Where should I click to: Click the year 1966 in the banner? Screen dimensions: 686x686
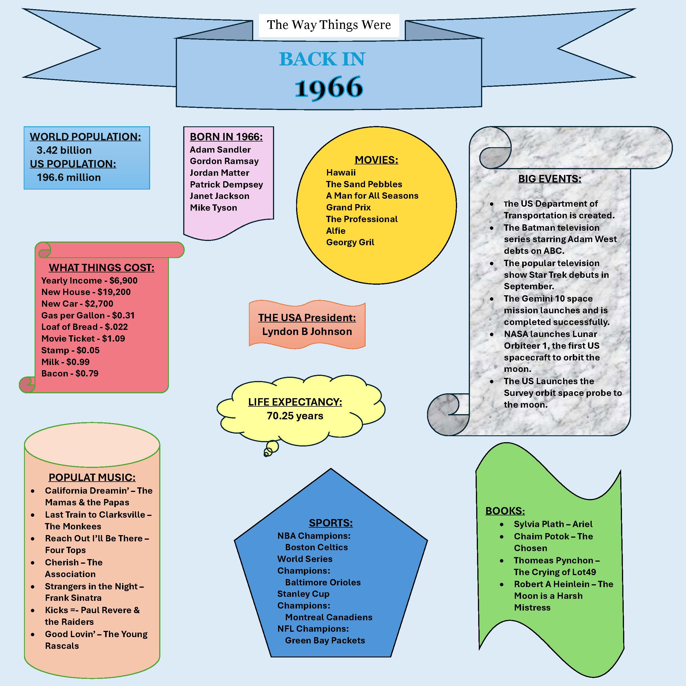point(329,87)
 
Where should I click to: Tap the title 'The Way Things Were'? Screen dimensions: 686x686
point(329,25)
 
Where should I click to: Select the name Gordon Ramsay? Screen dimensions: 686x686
point(224,161)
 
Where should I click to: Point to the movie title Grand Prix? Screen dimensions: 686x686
point(348,207)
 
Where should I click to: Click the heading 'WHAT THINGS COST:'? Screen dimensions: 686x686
point(101,268)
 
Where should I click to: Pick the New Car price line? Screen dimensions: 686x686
point(77,304)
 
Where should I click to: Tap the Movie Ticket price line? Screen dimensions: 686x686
point(83,339)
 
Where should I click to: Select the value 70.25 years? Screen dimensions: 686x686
point(295,416)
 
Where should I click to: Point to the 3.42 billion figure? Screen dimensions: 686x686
point(64,150)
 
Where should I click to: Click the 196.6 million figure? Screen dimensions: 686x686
point(69,178)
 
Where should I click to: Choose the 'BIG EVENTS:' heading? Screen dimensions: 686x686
point(550,179)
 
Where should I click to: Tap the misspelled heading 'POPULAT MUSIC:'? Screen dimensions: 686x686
point(92,478)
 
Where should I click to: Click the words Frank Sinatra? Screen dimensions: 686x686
point(73,598)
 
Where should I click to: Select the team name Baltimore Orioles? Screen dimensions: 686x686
point(323,582)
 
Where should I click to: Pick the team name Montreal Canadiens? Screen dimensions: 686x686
point(329,617)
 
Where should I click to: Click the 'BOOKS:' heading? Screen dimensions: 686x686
point(505,511)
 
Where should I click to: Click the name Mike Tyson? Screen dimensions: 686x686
point(214,208)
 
